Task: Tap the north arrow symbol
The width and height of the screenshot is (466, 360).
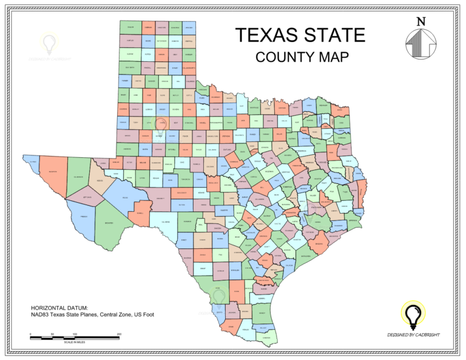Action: click(x=421, y=44)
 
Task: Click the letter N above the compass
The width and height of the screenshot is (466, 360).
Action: click(x=421, y=21)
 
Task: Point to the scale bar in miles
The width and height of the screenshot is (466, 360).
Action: click(x=75, y=336)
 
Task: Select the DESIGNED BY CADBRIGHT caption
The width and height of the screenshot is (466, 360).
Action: click(x=414, y=335)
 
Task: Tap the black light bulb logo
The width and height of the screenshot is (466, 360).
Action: click(x=414, y=314)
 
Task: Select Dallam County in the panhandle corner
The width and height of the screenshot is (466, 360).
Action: click(x=130, y=27)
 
